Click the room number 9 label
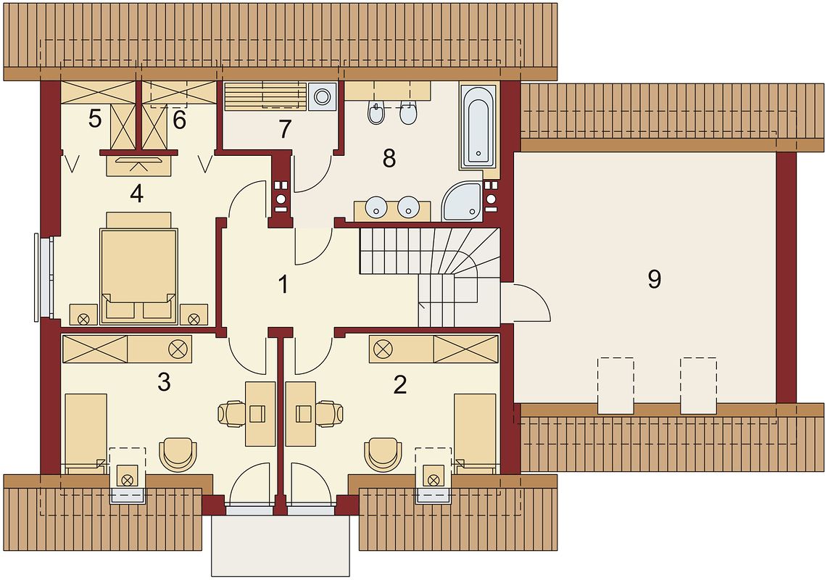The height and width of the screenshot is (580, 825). click(x=654, y=279)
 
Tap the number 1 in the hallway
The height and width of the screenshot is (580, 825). click(x=283, y=284)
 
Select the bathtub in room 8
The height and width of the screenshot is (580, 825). click(x=478, y=125)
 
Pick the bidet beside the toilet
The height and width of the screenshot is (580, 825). click(x=376, y=114)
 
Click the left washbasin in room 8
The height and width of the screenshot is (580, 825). click(x=377, y=207)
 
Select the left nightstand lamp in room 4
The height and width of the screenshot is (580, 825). click(x=83, y=317)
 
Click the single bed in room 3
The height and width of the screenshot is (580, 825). click(x=86, y=431)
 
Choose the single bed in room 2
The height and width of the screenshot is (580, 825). click(x=475, y=431)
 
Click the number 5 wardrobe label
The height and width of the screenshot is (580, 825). click(x=95, y=119)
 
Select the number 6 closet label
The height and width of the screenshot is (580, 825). click(x=179, y=120)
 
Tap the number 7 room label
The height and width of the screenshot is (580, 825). click(x=284, y=130)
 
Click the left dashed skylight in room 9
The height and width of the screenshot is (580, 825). click(x=615, y=384)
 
